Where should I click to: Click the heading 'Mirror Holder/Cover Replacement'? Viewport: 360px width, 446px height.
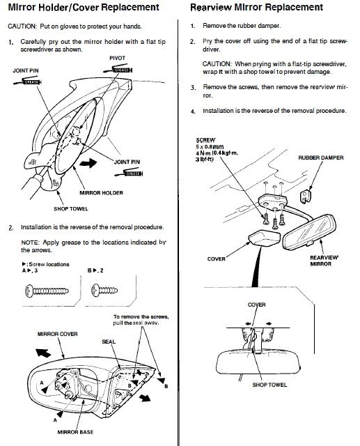pyautogui.click(x=84, y=7)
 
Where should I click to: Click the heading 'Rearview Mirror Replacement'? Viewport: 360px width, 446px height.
pyautogui.click(x=256, y=7)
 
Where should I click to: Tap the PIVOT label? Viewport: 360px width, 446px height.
pyautogui.click(x=118, y=58)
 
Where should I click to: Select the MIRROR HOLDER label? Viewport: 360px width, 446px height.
pyautogui.click(x=101, y=193)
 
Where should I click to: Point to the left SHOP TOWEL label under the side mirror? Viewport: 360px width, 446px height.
pyautogui.click(x=71, y=209)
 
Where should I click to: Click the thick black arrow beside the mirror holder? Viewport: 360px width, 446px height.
pyautogui.click(x=88, y=163)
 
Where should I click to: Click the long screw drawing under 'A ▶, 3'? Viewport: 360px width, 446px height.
pyautogui.click(x=47, y=291)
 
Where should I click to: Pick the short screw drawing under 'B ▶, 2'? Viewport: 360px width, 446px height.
pyautogui.click(x=104, y=291)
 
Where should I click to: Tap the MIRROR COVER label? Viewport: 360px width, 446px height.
pyautogui.click(x=57, y=334)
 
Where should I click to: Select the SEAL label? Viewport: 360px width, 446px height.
pyautogui.click(x=109, y=341)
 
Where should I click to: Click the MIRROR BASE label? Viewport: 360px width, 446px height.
pyautogui.click(x=75, y=432)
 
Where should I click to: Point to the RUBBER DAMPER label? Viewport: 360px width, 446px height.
pyautogui.click(x=321, y=157)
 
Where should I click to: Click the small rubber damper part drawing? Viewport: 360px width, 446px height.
pyautogui.click(x=306, y=196)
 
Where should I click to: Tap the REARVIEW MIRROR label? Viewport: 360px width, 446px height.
pyautogui.click(x=324, y=261)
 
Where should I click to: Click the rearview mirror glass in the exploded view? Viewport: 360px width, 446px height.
pyautogui.click(x=309, y=232)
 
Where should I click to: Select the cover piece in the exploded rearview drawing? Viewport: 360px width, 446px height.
pyautogui.click(x=264, y=238)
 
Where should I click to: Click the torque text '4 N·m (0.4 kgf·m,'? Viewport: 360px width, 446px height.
pyautogui.click(x=217, y=153)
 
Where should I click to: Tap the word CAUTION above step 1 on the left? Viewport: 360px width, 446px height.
pyautogui.click(x=22, y=26)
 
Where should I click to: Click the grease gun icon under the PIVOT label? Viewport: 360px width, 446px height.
pyautogui.click(x=118, y=69)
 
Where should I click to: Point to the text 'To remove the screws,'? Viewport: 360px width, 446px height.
pyautogui.click(x=141, y=316)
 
